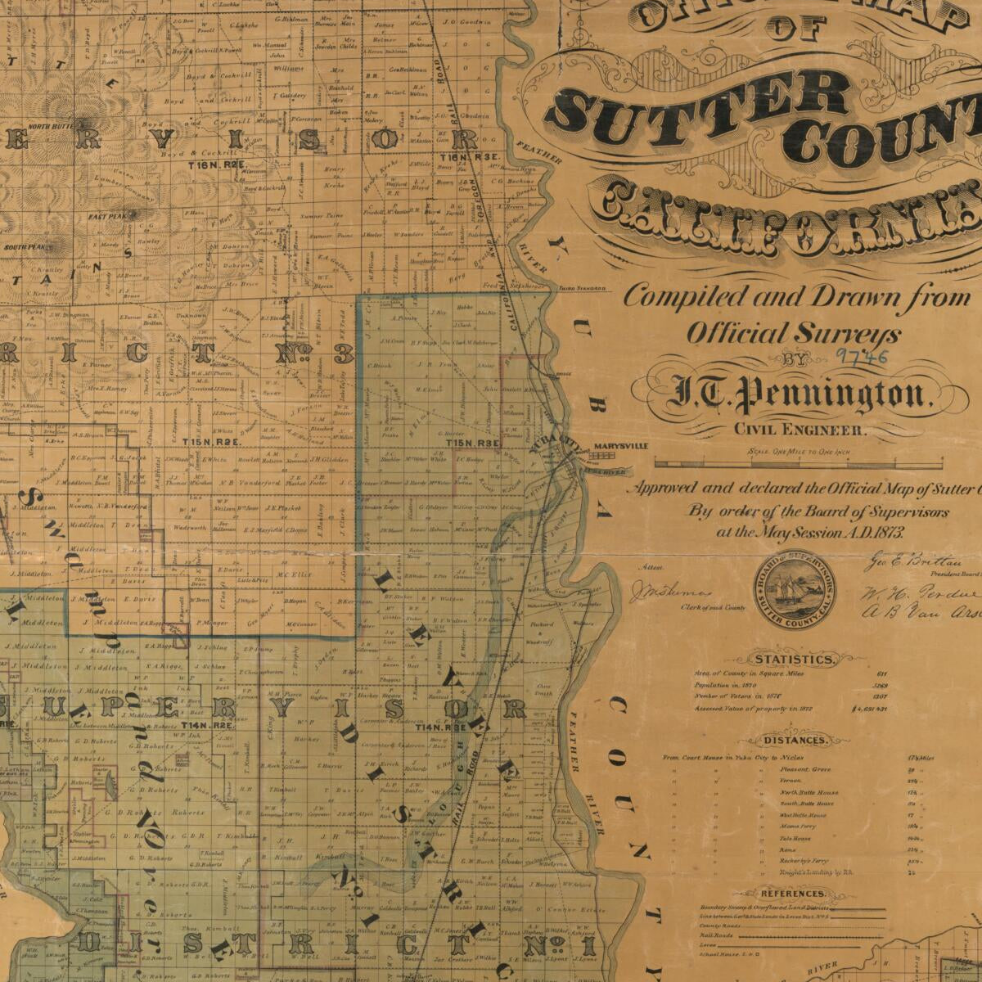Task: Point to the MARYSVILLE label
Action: [620, 446]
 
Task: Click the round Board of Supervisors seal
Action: [794, 589]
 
